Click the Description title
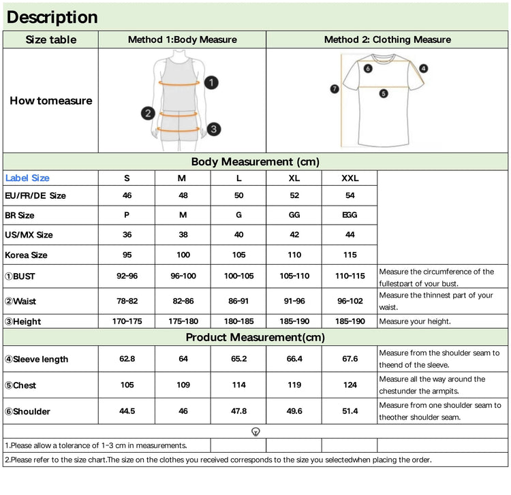pyautogui.click(x=52, y=17)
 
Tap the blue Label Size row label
pyautogui.click(x=27, y=178)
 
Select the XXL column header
pyautogui.click(x=350, y=178)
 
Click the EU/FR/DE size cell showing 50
pyautogui.click(x=238, y=195)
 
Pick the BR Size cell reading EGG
pyautogui.click(x=350, y=215)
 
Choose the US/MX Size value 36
pyautogui.click(x=127, y=235)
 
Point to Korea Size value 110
pyautogui.click(x=294, y=255)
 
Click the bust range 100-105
pyautogui.click(x=238, y=276)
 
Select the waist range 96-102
pyautogui.click(x=350, y=300)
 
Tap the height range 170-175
pyautogui.click(x=127, y=321)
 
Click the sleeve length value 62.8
pyautogui.click(x=127, y=359)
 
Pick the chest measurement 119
pyautogui.click(x=294, y=385)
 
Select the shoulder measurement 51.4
pyautogui.click(x=350, y=411)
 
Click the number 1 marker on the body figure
pyautogui.click(x=211, y=83)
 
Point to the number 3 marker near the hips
pyautogui.click(x=213, y=129)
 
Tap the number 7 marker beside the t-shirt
pyautogui.click(x=335, y=89)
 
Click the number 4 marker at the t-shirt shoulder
pyautogui.click(x=423, y=68)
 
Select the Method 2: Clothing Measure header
pyautogui.click(x=387, y=39)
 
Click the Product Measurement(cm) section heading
pyautogui.click(x=255, y=337)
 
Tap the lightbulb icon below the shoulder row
pyautogui.click(x=255, y=432)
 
